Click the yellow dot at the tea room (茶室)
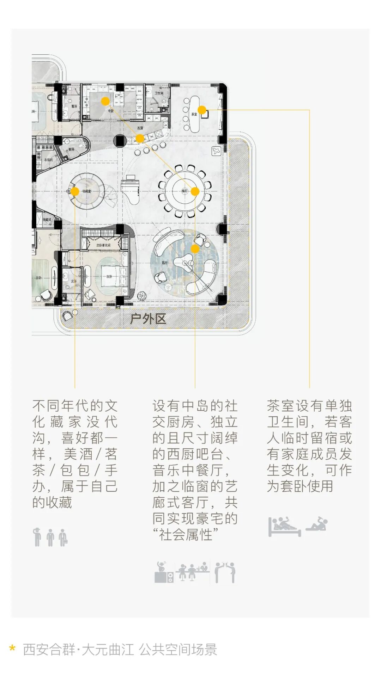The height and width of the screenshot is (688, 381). coord(202,110)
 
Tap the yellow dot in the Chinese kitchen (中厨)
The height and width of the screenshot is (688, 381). coord(105,102)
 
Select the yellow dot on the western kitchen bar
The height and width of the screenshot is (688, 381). coord(140,139)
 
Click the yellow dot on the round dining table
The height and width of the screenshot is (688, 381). coord(195,191)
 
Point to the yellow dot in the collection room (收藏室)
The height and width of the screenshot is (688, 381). coord(75,191)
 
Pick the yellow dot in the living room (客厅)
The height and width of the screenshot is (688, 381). coord(195,249)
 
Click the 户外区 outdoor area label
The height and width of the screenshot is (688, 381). coord(148,319)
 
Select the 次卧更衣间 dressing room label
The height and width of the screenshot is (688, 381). coord(103,245)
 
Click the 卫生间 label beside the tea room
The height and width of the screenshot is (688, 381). coord(159,93)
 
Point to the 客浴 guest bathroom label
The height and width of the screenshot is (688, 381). coord(74,106)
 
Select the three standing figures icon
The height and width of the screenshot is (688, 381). coord(50,537)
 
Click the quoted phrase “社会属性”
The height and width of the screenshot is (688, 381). coord(186,535)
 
